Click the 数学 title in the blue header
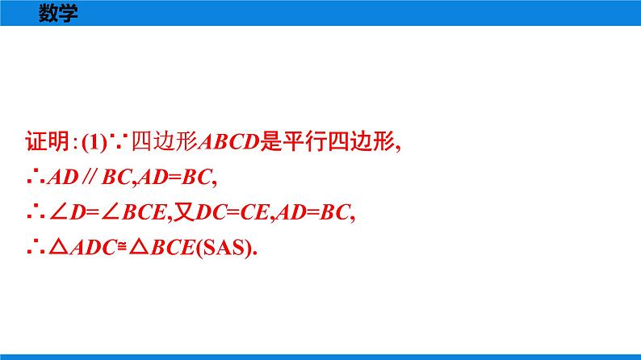point(58,14)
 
